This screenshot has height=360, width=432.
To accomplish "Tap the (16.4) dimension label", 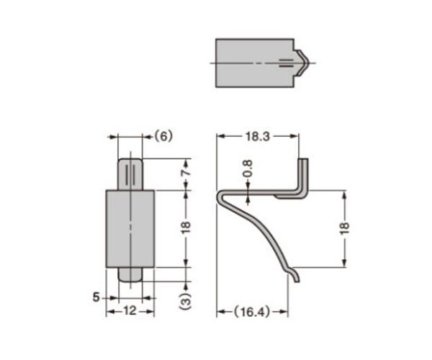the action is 252,312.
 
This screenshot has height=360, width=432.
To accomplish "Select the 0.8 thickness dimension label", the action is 248,168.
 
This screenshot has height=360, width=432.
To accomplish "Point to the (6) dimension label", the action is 163,136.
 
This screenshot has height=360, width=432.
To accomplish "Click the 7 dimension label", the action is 186,173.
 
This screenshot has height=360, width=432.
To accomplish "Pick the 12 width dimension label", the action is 130,311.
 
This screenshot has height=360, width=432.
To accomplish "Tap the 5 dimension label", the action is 96,297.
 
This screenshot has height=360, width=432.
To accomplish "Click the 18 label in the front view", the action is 186,228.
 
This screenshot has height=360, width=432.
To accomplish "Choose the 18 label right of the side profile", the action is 344,228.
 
